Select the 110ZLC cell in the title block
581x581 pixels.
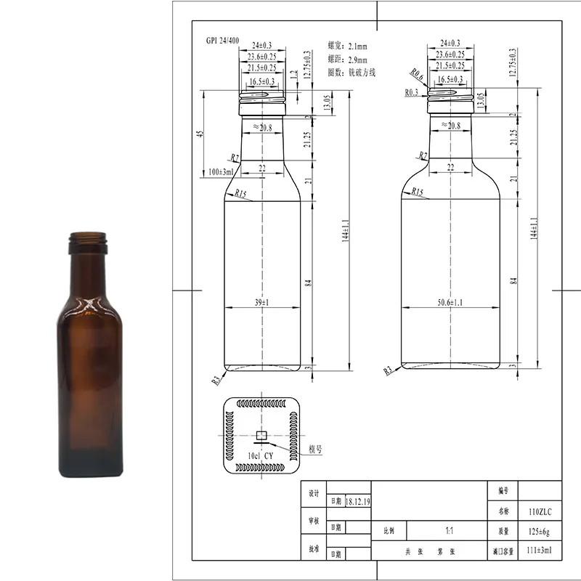(x=539, y=512)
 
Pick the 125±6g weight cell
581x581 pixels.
(x=539, y=531)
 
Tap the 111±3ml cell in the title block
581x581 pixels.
(x=539, y=550)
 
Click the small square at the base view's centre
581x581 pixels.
(x=261, y=436)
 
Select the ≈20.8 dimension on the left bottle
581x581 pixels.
(x=262, y=127)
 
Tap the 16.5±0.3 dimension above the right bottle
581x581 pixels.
(x=451, y=78)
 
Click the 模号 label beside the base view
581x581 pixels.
(x=314, y=450)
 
